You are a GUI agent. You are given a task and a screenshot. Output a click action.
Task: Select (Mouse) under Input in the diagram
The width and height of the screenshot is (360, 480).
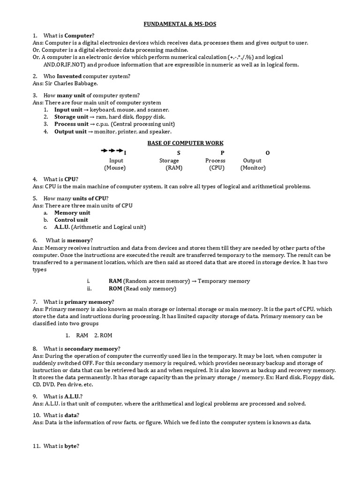[115, 167]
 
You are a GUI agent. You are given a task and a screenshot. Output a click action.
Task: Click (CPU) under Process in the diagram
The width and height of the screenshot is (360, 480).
[217, 167]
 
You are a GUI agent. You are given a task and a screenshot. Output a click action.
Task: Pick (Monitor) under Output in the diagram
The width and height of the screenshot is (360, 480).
[253, 167]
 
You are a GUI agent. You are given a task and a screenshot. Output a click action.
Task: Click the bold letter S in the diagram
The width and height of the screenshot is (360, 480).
[179, 153]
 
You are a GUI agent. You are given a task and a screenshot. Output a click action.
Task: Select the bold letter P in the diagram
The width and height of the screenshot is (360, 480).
[222, 153]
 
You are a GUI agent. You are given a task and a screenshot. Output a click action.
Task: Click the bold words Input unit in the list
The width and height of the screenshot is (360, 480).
[68, 109]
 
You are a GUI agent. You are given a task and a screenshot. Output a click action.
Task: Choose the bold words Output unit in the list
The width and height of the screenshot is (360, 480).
[70, 132]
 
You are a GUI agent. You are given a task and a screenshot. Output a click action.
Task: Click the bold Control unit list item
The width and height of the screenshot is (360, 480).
[71, 220]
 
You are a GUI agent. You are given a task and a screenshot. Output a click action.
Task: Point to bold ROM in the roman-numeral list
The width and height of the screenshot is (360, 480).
[115, 288]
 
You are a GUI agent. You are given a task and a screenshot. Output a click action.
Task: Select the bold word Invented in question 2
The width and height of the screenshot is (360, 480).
[69, 76]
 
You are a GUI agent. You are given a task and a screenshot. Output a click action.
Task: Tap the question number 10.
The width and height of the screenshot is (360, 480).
[37, 415]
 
